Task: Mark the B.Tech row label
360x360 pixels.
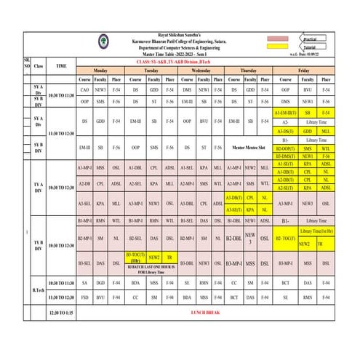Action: (x=39, y=289)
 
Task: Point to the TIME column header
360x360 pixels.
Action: (x=61, y=65)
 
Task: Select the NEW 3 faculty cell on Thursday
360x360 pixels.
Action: (x=249, y=237)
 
